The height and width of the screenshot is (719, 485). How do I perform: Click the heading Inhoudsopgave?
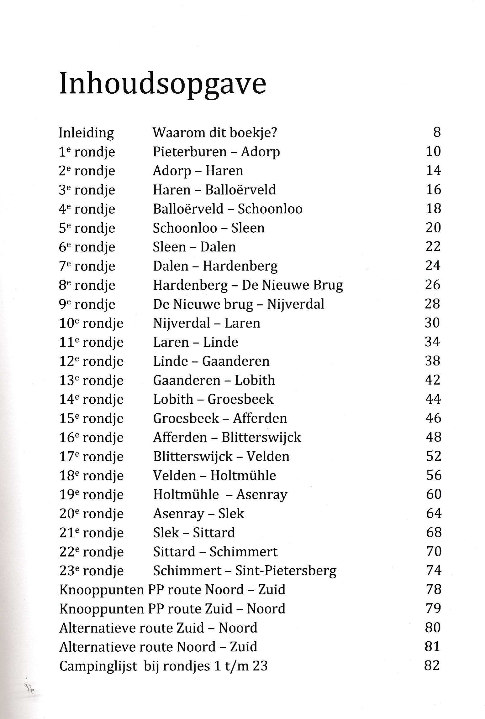click(162, 84)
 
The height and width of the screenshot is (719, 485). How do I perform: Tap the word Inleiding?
click(86, 133)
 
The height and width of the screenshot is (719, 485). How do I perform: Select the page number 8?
click(437, 132)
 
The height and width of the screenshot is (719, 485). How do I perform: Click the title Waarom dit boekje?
click(215, 133)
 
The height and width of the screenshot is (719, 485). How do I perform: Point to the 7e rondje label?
click(87, 266)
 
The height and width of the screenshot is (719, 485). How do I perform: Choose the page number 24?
click(433, 266)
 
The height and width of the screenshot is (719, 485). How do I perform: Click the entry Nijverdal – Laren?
click(207, 323)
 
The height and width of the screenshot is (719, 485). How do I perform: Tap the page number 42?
click(433, 380)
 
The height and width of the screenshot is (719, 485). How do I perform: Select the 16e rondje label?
click(91, 438)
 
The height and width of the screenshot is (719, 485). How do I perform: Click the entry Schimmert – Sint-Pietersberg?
click(245, 571)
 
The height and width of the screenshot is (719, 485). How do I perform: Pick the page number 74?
click(434, 571)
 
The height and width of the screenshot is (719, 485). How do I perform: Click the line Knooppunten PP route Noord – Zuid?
click(172, 590)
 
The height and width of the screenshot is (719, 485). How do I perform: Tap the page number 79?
click(433, 608)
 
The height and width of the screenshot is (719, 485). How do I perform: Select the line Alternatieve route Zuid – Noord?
click(158, 628)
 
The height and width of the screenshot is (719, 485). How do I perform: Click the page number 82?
click(432, 666)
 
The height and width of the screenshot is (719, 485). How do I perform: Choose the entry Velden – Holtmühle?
click(214, 476)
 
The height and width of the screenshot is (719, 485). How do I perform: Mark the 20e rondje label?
click(91, 514)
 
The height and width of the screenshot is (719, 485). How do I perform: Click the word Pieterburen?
click(190, 152)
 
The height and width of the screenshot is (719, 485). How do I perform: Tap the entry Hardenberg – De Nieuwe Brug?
click(248, 285)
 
